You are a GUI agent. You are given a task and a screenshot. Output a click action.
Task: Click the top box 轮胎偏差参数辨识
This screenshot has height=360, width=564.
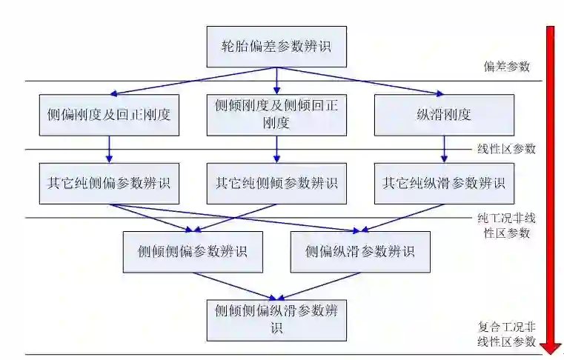pyautogui.click(x=276, y=46)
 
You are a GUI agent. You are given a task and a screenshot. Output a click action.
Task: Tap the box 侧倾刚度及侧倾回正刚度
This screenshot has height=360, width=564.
pyautogui.click(x=276, y=115)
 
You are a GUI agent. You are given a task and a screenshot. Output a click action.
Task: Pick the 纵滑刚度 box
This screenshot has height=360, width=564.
pyautogui.click(x=444, y=115)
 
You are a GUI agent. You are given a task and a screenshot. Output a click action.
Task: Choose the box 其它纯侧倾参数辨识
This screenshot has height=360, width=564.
pyautogui.click(x=276, y=183)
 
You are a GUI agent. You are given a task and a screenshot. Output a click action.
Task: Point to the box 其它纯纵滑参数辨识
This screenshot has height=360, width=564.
pyautogui.click(x=444, y=183)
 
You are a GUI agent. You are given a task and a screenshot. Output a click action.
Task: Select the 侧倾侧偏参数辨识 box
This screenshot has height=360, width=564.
pyautogui.click(x=192, y=252)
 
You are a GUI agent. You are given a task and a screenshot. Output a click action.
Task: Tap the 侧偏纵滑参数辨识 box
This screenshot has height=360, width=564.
pyautogui.click(x=360, y=252)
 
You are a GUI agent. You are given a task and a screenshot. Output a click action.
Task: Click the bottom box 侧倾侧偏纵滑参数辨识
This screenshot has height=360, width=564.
pyautogui.click(x=276, y=319)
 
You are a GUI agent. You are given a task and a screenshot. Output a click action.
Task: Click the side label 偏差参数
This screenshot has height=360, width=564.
pyautogui.click(x=507, y=67)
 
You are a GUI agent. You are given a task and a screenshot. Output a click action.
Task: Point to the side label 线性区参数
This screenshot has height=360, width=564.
pyautogui.click(x=506, y=149)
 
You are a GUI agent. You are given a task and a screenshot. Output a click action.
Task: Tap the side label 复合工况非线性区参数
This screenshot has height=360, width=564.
pyautogui.click(x=506, y=334)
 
